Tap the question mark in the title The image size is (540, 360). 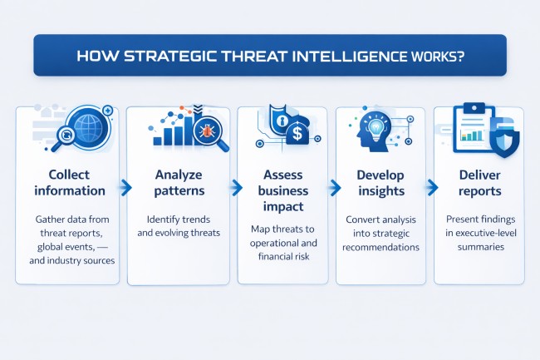pyautogui.click(x=464, y=56)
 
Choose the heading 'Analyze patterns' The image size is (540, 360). pyautogui.click(x=177, y=182)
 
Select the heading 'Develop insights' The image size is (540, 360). pyautogui.click(x=380, y=182)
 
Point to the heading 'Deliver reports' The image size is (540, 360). pyautogui.click(x=480, y=182)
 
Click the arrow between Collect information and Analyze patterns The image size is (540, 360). pyautogui.click(x=125, y=189)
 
